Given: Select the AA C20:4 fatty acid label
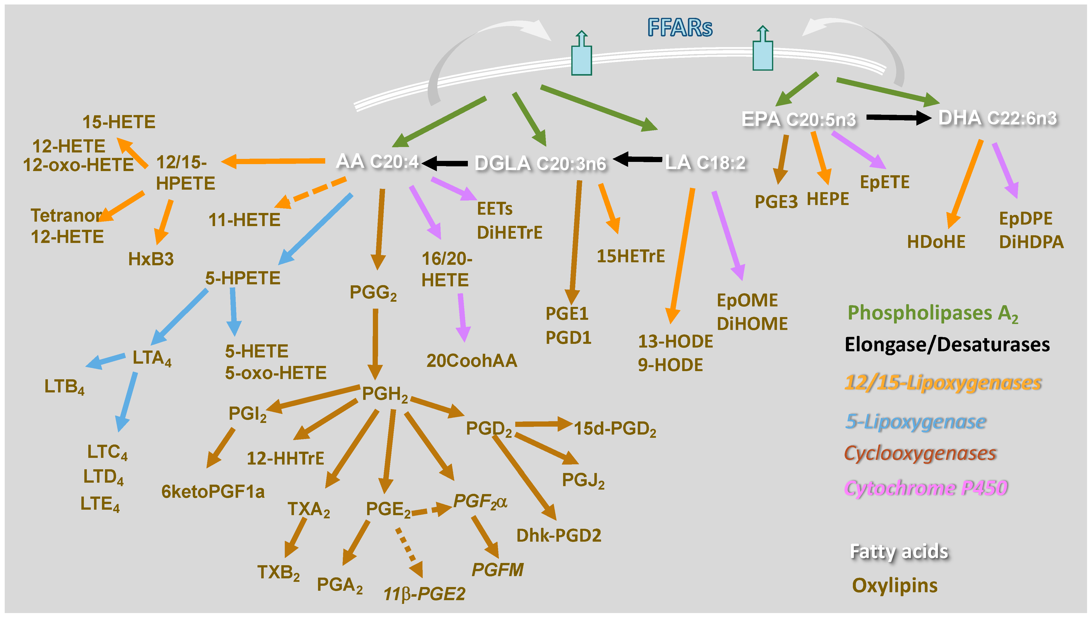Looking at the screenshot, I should [x=377, y=162].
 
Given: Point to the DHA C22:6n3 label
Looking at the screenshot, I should [x=997, y=118].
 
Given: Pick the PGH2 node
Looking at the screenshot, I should [x=385, y=394].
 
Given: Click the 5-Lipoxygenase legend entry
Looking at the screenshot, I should [x=915, y=422].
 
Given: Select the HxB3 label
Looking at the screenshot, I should [x=151, y=259].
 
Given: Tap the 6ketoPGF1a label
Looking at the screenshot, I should [x=213, y=492].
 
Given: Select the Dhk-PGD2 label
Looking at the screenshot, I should [x=559, y=536].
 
